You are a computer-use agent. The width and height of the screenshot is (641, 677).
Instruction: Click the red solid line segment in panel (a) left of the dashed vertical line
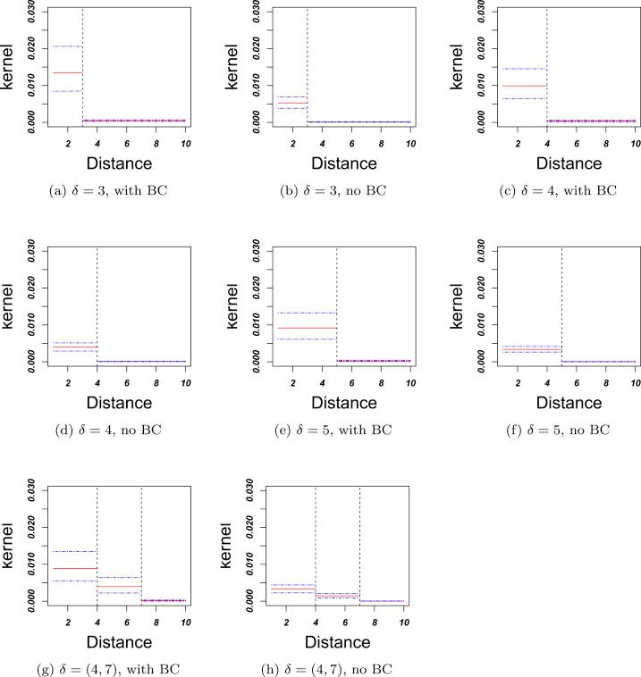pyautogui.click(x=67, y=72)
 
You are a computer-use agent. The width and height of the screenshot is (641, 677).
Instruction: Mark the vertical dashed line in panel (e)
pyautogui.click(x=336, y=304)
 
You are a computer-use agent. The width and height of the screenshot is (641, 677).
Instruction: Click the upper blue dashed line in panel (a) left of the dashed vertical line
pyautogui.click(x=67, y=46)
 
